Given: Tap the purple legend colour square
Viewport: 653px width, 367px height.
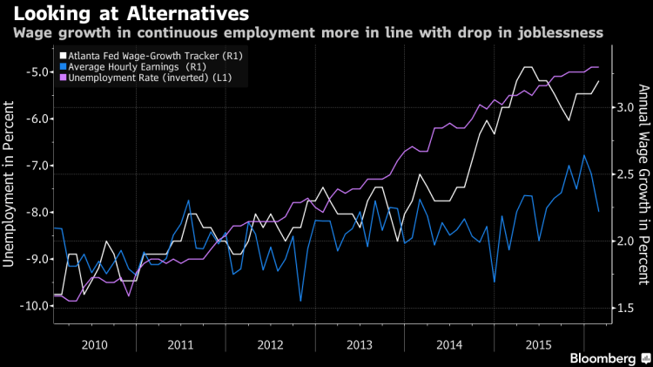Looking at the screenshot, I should click(x=62, y=78).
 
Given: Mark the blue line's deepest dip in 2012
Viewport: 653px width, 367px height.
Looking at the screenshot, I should click(x=300, y=302).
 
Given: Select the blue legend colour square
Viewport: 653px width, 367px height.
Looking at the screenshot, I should click(x=62, y=66).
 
